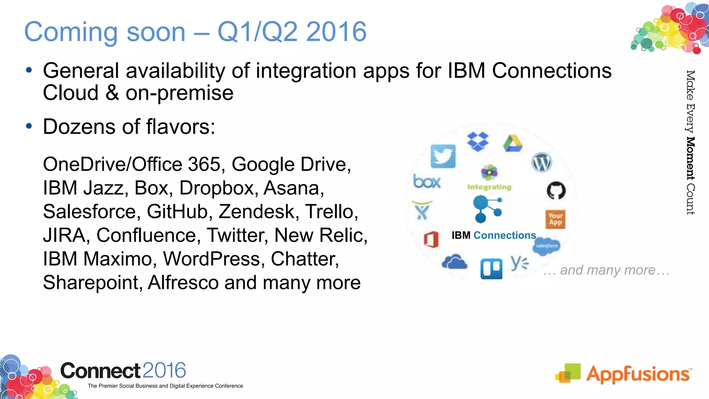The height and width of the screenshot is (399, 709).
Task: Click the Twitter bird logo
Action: [443, 156]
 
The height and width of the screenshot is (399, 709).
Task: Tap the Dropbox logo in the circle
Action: [478, 141]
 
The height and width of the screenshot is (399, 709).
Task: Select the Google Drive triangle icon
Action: [513, 144]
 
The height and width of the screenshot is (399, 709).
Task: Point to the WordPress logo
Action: [541, 162]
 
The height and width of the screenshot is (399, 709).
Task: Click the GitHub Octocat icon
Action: [556, 190]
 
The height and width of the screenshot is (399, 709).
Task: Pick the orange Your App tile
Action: [555, 219]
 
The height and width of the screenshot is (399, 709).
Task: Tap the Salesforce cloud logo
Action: [546, 246]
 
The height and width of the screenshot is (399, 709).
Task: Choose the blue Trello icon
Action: [491, 269]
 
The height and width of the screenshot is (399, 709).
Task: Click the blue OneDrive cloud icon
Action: [455, 262]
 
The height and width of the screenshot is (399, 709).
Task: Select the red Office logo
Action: [431, 239]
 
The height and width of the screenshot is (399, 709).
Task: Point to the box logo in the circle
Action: [427, 181]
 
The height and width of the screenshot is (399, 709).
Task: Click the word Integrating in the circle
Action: [489, 187]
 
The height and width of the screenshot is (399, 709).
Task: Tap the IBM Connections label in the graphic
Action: [494, 236]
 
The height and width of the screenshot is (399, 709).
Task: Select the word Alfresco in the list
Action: [183, 283]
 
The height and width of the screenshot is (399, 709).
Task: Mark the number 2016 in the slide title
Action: [336, 32]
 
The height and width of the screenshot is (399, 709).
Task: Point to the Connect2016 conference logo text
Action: [123, 371]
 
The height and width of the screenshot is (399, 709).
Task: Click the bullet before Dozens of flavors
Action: [29, 126]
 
